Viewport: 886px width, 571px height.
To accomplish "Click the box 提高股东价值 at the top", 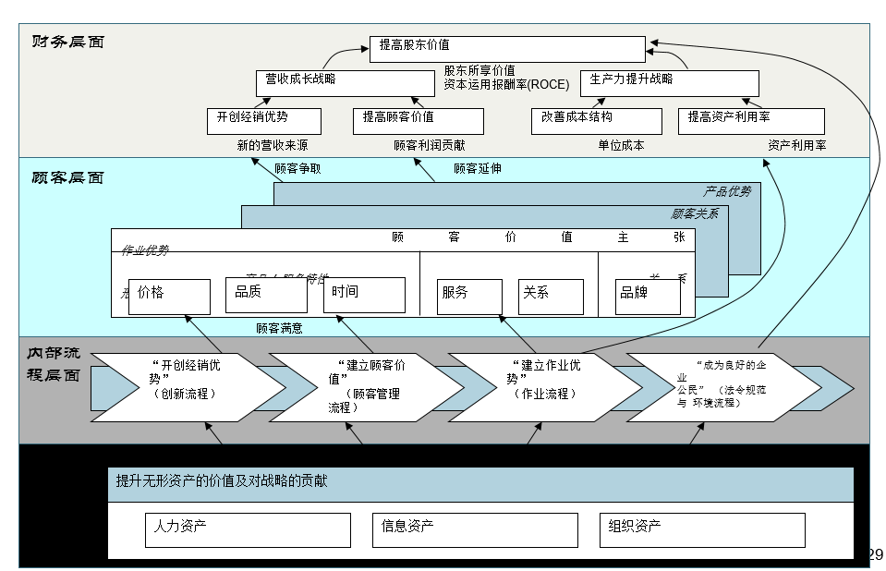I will click(x=507, y=49).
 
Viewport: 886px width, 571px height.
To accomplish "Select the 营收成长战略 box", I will click(x=345, y=83).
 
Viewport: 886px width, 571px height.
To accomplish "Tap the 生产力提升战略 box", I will click(x=669, y=83).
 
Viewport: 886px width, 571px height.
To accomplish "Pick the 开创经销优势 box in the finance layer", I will click(x=264, y=121).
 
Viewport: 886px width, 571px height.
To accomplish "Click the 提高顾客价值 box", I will click(x=418, y=121).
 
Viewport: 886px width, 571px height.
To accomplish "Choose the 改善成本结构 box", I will click(x=596, y=121).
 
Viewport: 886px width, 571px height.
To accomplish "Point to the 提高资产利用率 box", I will click(x=751, y=121).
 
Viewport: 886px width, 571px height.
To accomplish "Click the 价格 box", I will click(x=169, y=296).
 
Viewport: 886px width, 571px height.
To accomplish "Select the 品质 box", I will click(x=266, y=296).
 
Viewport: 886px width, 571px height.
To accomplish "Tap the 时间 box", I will click(x=364, y=295).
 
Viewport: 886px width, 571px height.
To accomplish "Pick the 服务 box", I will click(x=469, y=297).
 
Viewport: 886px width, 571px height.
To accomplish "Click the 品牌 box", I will click(x=648, y=297).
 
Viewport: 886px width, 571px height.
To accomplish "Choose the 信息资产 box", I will click(x=475, y=530).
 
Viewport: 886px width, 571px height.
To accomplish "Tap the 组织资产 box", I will click(x=701, y=530).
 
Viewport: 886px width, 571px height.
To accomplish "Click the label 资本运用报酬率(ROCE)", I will click(x=506, y=85).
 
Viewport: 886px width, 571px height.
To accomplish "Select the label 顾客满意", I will click(x=279, y=328).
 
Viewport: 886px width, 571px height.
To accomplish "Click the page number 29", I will click(x=875, y=555).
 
